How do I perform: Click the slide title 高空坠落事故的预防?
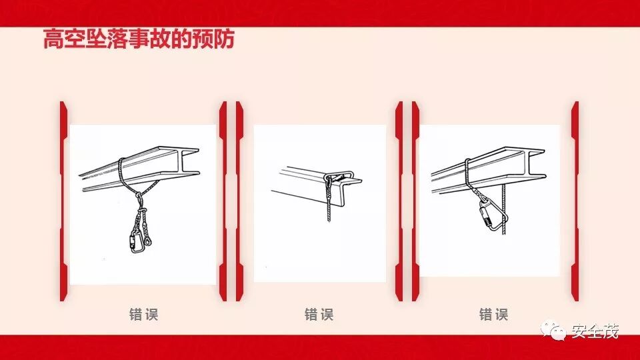139,39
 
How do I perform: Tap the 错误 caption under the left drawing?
143,314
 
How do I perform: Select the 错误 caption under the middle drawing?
319,314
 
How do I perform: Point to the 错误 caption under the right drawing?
494,314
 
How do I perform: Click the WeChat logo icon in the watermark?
554,330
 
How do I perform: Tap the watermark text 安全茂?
595,331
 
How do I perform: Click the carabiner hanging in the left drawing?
136,241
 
